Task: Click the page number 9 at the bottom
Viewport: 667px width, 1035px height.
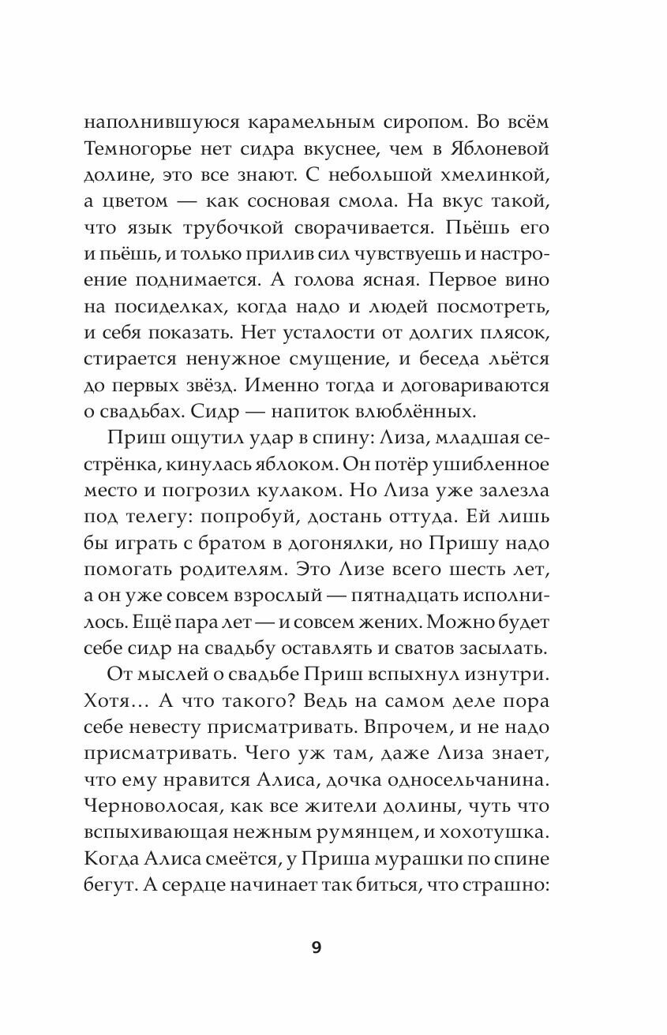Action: [x=317, y=948]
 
